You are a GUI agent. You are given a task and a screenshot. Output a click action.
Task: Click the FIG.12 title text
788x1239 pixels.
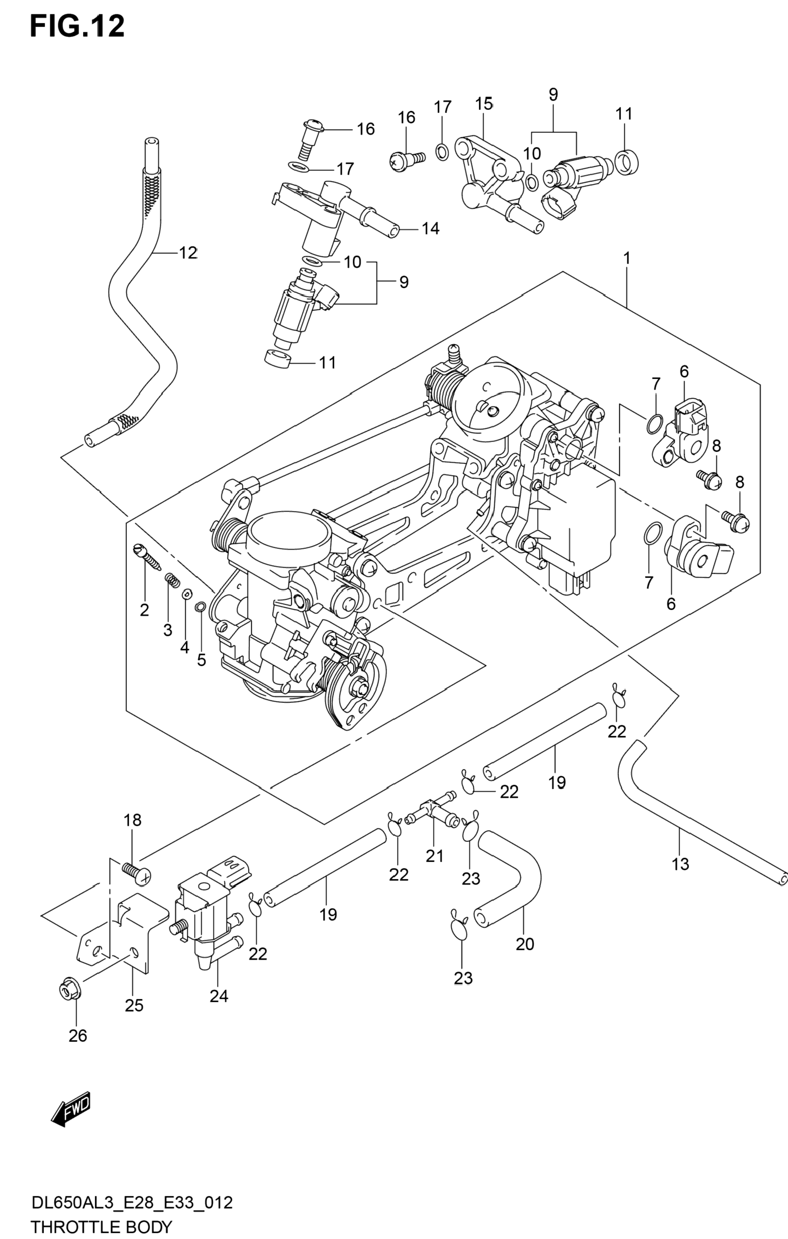click(x=77, y=26)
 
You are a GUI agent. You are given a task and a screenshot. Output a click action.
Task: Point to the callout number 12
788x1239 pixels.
click(x=188, y=253)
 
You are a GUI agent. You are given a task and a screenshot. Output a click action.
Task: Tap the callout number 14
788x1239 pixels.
click(x=431, y=228)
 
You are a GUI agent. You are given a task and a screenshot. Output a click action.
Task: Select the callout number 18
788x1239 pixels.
click(x=132, y=820)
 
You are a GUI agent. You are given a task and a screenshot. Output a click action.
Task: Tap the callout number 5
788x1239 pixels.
click(x=201, y=660)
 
